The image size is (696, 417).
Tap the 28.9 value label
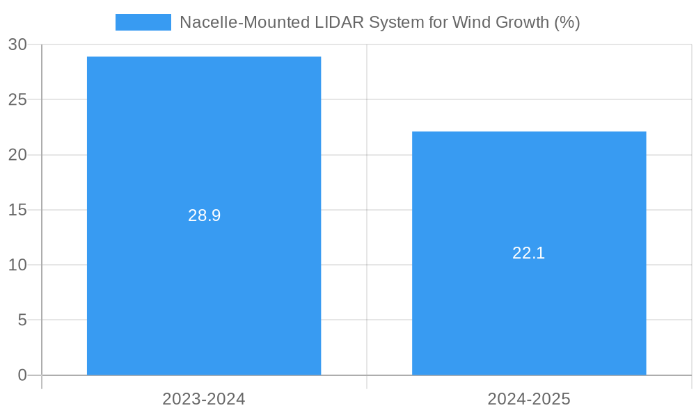[x=204, y=215]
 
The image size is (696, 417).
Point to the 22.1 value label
[x=529, y=253]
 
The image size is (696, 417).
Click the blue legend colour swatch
[x=143, y=22]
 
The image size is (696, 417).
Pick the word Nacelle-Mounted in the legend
[x=237, y=22]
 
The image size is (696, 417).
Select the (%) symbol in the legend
[x=567, y=22]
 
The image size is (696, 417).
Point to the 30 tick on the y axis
[x=17, y=44]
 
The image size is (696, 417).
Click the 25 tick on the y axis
[x=17, y=99]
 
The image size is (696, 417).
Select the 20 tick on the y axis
[x=17, y=155]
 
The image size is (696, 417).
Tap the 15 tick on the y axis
[x=17, y=210]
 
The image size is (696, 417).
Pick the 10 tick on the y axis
[x=17, y=265]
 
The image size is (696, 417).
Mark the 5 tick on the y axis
[x=22, y=320]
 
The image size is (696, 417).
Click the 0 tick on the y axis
[x=22, y=375]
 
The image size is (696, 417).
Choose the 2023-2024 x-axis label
[x=204, y=399]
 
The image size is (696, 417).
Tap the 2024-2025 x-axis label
[x=529, y=399]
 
